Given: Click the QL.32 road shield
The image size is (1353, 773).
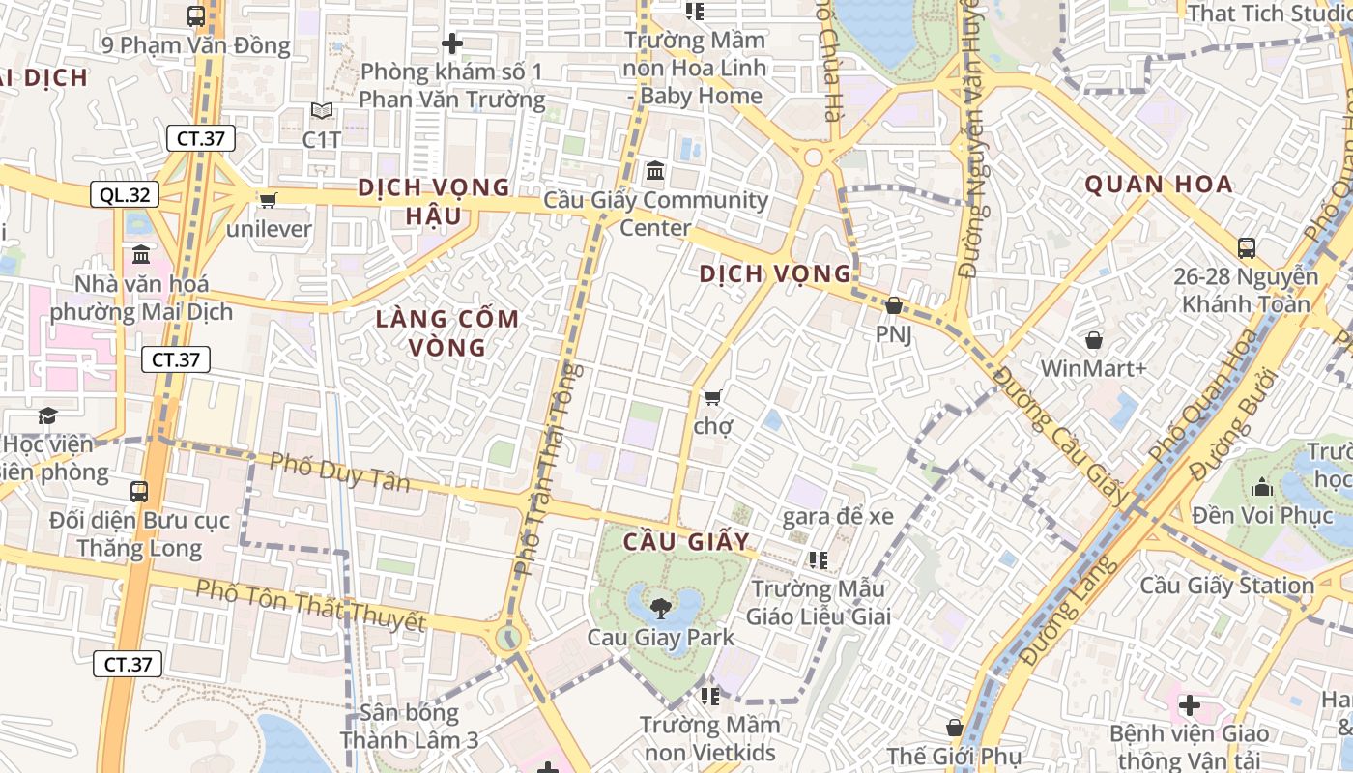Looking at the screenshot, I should click(125, 195).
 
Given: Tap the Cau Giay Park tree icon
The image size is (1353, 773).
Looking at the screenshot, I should click(661, 608).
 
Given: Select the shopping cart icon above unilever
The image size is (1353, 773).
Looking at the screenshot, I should click(268, 200).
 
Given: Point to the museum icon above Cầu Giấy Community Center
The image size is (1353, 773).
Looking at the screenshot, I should click(655, 171).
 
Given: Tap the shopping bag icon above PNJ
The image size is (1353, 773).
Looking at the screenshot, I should click(894, 305).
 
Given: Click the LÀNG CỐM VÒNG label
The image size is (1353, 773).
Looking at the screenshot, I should click(447, 332).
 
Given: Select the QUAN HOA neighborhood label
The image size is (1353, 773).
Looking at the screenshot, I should click(1158, 184).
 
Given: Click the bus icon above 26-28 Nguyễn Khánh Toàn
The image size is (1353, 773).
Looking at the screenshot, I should click(1246, 247).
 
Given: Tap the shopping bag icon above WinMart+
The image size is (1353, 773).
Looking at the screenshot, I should click(1093, 340).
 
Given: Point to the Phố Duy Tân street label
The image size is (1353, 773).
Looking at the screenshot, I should click(339, 472).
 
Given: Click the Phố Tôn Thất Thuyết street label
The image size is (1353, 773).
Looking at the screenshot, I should click(310, 605).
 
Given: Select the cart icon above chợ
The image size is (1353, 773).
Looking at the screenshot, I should click(713, 397).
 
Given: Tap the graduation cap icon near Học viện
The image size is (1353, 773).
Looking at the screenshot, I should click(47, 415).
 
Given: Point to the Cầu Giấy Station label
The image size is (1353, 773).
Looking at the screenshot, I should click(1226, 586).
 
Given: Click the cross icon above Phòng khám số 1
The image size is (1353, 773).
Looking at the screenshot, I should click(451, 43).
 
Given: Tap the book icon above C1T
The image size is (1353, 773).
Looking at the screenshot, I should click(321, 111).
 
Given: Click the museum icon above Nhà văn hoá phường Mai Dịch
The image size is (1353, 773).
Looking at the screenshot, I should click(141, 255).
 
